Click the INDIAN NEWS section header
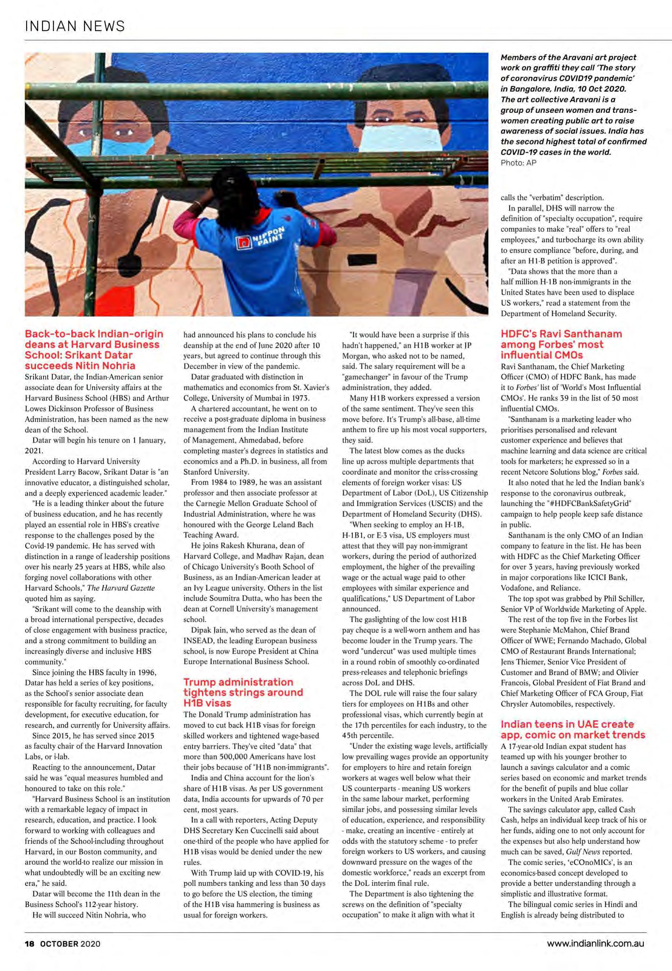click(x=75, y=26)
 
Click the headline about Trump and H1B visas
click(x=243, y=692)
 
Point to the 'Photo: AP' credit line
click(x=518, y=163)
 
